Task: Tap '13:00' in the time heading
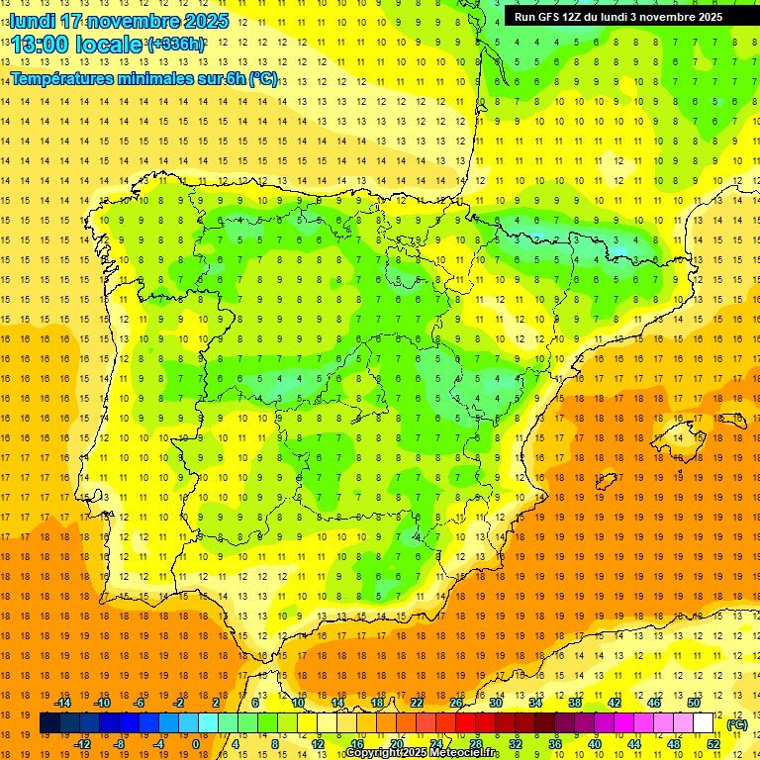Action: coord(42,45)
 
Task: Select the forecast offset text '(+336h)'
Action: coord(176,45)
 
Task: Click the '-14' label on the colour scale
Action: coord(62,703)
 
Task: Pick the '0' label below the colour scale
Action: coord(196,744)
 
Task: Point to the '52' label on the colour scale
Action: coord(713,744)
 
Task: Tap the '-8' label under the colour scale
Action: coord(120,744)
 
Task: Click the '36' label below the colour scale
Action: coord(555,744)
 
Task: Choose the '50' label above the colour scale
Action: coord(694,703)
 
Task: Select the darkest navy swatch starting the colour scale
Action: coord(49,723)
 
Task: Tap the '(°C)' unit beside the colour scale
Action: coord(736,724)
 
